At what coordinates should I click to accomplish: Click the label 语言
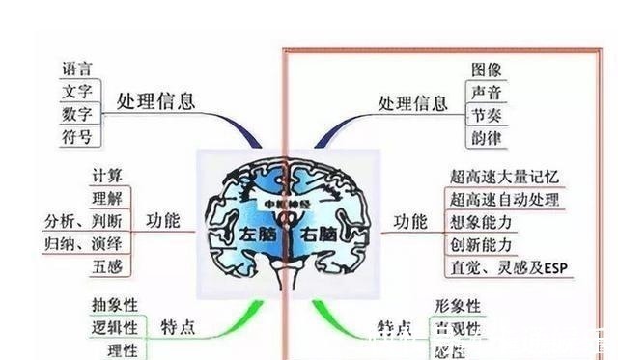[77, 69]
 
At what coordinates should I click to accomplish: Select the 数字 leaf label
[77, 115]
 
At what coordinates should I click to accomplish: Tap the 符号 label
[77, 137]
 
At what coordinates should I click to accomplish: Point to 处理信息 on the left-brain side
[155, 100]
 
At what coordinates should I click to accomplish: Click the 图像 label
[486, 69]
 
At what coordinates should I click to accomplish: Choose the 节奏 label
[486, 115]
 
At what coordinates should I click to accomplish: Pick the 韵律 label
[486, 137]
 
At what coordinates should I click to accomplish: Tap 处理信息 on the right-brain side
[413, 102]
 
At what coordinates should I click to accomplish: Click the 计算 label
[107, 176]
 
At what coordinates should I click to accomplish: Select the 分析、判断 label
[84, 221]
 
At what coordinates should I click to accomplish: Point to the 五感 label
[107, 265]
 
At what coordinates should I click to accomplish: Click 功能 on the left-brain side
[162, 221]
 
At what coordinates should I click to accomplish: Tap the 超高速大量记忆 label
[504, 178]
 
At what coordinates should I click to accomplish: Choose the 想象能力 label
[481, 222]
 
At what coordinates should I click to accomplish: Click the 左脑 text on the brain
[256, 234]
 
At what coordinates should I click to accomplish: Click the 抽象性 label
[114, 303]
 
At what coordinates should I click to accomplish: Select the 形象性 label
[458, 306]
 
